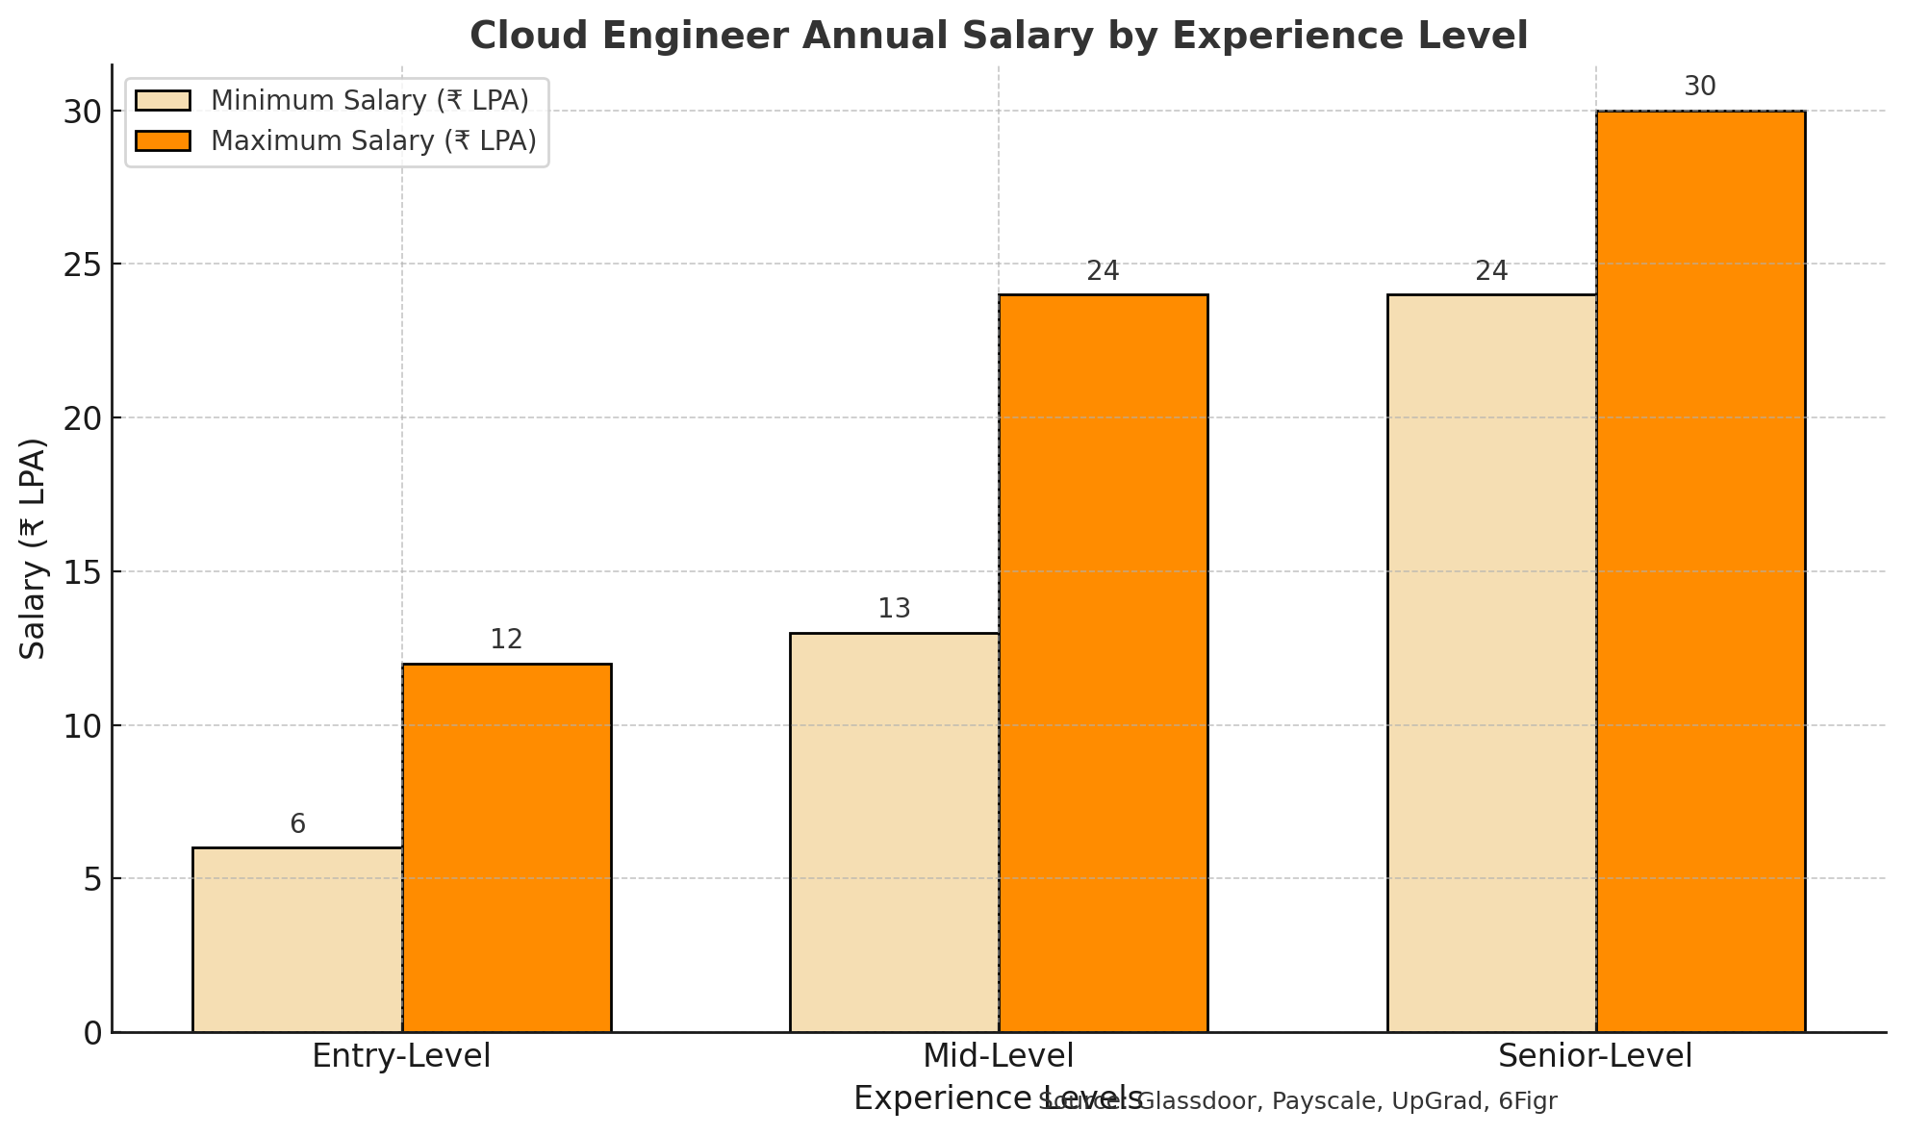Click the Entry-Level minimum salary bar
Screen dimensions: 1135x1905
coord(297,940)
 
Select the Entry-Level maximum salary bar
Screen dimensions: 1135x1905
coord(507,847)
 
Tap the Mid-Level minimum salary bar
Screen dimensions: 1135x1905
coord(895,832)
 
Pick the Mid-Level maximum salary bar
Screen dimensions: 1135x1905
coord(1104,664)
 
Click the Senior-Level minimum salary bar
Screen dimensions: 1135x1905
coord(1492,664)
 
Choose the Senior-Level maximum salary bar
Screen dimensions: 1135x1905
coord(1701,571)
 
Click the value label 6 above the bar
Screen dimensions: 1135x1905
coord(297,824)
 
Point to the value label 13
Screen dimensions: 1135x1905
coord(894,609)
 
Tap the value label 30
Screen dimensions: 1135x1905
coord(1700,88)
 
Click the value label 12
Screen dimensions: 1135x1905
coord(506,640)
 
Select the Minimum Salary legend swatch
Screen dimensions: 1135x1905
coord(164,101)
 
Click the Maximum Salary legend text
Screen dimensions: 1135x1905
coord(373,141)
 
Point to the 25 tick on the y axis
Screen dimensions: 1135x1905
coord(84,265)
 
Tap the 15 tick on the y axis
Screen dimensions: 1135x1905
coord(84,572)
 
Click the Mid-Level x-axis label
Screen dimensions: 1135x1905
coord(998,1056)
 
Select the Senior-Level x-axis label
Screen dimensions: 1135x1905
coord(1595,1056)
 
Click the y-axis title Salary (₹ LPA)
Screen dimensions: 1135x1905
coord(34,548)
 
